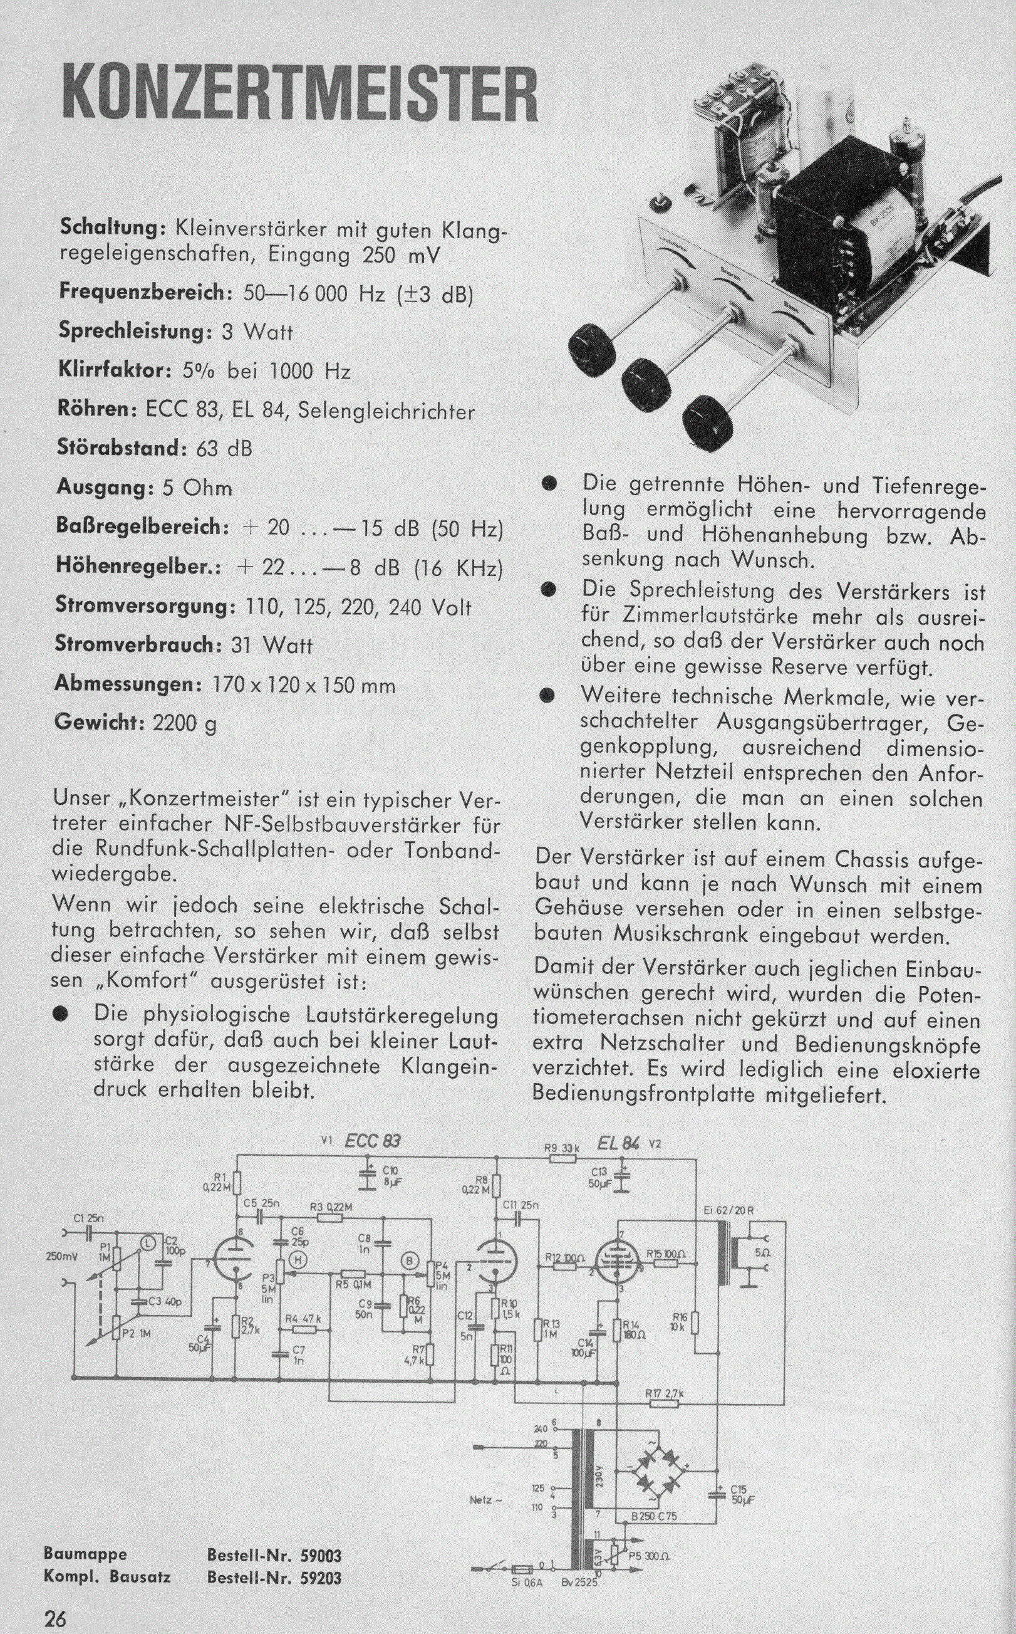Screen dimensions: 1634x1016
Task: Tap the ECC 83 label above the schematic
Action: point(372,1141)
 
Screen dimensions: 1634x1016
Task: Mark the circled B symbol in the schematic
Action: point(408,1262)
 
